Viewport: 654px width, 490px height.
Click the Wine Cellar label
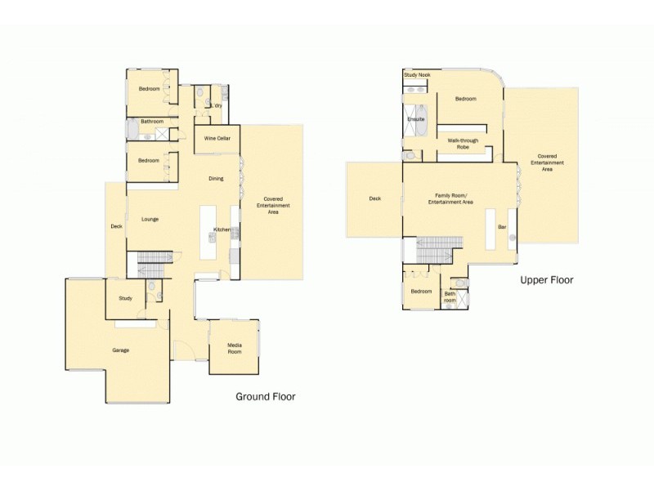click(x=217, y=139)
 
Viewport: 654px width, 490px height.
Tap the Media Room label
click(x=235, y=350)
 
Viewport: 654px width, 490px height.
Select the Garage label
click(x=120, y=350)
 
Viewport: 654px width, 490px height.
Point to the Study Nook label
click(x=417, y=75)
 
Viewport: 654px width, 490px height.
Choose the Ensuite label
click(x=416, y=119)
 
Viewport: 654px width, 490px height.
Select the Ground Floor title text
click(x=265, y=397)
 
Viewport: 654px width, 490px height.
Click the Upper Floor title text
click(x=546, y=280)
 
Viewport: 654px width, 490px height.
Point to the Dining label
click(x=216, y=178)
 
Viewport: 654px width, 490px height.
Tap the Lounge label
click(x=149, y=219)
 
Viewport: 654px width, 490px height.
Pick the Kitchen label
click(x=222, y=229)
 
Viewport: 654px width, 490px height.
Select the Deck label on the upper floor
click(x=374, y=198)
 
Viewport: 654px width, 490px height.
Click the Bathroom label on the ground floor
click(x=151, y=122)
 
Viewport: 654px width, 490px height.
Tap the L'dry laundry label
click(x=217, y=105)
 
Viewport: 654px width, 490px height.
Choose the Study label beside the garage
click(x=125, y=298)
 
